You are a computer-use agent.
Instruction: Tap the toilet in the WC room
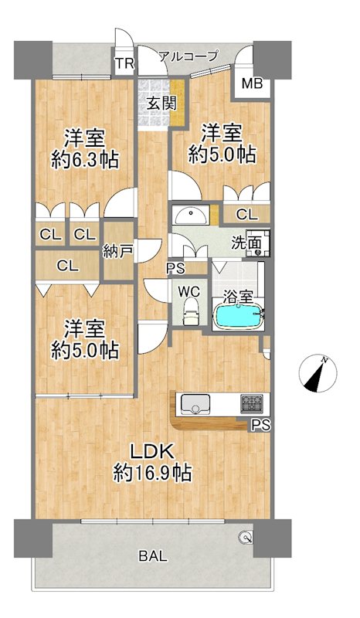192,311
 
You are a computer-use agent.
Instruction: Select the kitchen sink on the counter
195,403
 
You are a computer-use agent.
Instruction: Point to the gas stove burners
252,403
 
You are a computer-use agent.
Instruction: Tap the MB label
252,83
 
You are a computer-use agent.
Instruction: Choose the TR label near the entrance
124,63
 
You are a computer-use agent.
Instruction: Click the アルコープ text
188,56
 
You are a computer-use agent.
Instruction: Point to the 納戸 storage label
117,251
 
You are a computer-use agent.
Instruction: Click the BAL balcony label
153,556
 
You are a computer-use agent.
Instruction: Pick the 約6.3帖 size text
85,160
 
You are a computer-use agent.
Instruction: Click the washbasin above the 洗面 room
191,216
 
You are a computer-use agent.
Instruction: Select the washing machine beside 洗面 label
258,243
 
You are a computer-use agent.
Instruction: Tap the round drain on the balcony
246,537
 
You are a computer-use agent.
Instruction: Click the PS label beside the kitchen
260,426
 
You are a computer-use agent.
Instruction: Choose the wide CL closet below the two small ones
67,266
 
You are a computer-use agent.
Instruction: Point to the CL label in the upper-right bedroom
247,216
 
